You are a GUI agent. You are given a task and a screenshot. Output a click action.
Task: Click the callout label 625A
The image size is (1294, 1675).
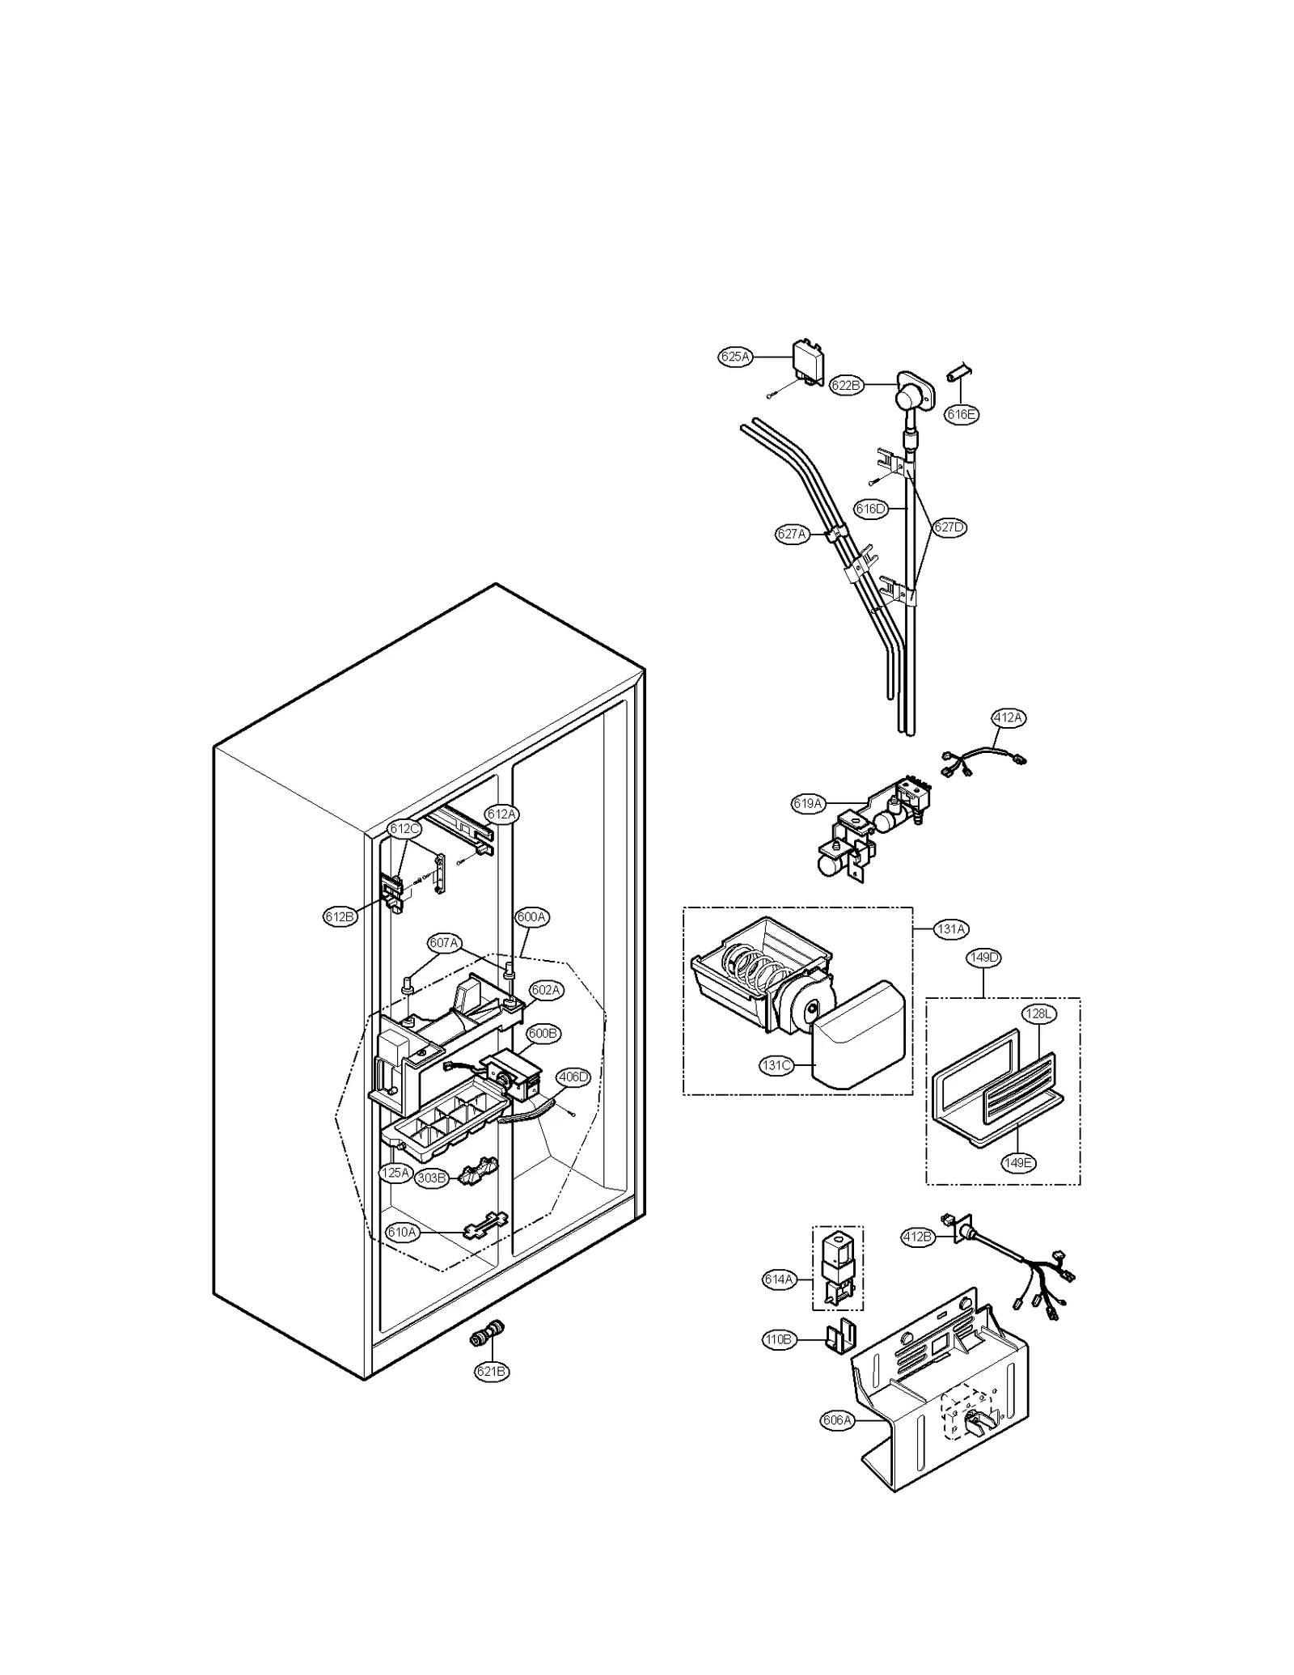(x=735, y=357)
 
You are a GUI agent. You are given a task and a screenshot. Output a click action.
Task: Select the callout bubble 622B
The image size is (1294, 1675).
(x=846, y=386)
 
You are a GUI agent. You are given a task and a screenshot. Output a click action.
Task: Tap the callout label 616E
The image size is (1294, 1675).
(x=961, y=414)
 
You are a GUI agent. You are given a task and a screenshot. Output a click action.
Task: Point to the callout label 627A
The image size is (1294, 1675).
(x=791, y=534)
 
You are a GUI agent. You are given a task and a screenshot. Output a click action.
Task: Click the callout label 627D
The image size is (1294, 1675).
(x=949, y=527)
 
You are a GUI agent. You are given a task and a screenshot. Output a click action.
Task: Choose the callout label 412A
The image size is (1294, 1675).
(x=1008, y=717)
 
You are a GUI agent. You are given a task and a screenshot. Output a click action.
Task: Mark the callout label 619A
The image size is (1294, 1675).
(x=807, y=803)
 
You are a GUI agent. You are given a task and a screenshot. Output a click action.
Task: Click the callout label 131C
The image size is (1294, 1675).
(x=776, y=1066)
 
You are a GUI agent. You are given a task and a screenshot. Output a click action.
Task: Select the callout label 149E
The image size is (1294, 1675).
(x=1018, y=1163)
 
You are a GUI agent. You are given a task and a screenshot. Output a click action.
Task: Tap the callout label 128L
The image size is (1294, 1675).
(x=1039, y=1014)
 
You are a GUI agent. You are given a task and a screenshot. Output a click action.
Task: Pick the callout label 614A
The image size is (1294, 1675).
(x=778, y=1280)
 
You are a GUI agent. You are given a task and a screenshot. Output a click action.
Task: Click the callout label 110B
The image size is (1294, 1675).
(x=778, y=1340)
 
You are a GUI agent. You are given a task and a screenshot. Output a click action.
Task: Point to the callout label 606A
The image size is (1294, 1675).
(x=836, y=1420)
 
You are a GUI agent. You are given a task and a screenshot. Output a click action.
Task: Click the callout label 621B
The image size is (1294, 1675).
(x=492, y=1371)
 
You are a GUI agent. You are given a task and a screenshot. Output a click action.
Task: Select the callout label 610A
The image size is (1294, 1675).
(x=402, y=1233)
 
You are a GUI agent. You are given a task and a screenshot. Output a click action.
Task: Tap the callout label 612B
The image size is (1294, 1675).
(x=339, y=916)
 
